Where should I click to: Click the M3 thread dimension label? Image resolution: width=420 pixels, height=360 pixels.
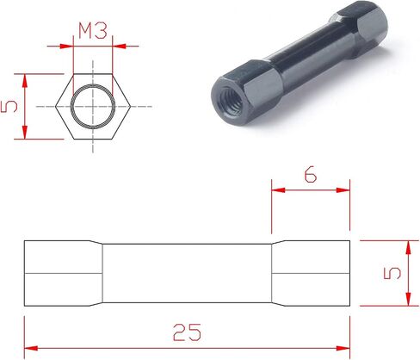pos(93,31)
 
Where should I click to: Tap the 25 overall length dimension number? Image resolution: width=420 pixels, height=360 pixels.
pos(187,332)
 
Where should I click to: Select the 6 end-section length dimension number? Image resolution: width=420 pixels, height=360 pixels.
pos(311,174)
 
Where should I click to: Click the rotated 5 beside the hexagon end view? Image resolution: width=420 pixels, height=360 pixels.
pos(9,107)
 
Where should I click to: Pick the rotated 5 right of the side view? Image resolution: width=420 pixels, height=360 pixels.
pos(392,273)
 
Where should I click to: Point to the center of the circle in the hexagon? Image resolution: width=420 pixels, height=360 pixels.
pos(93,107)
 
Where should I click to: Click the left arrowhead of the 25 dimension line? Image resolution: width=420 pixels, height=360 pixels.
pos(31,348)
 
